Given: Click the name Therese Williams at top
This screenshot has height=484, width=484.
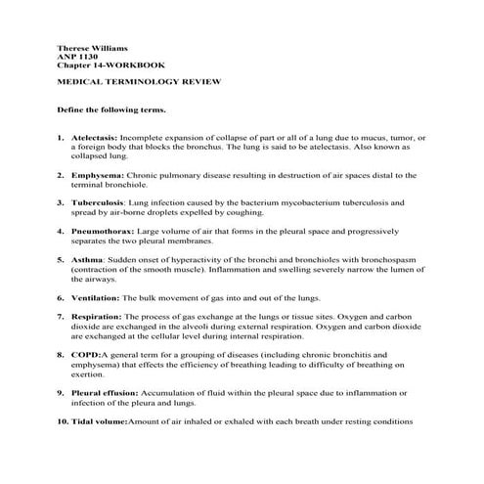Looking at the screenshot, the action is click(91, 47).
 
